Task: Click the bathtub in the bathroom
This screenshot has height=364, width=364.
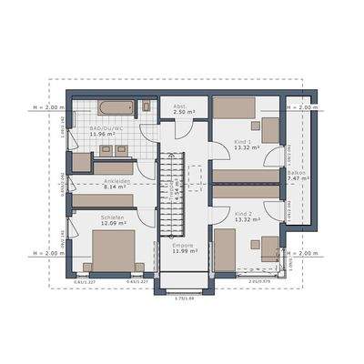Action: coord(116,108)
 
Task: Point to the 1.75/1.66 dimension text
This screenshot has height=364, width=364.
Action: coord(186,298)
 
